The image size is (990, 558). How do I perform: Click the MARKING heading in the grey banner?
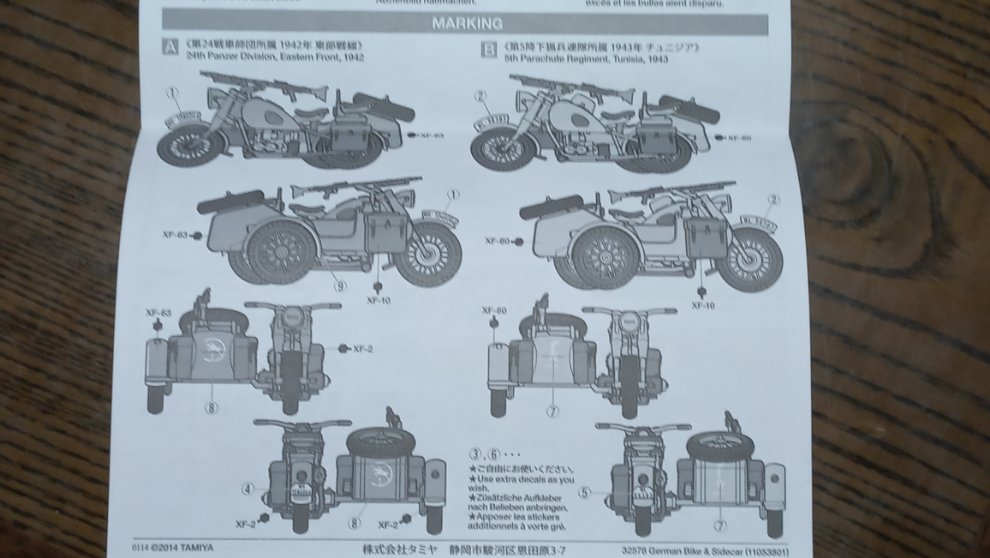(466, 22)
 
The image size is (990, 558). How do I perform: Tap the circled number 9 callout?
(341, 285)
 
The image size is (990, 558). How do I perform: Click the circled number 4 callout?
(247, 489)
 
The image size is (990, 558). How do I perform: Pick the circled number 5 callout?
(586, 491)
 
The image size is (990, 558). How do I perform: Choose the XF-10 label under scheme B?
(704, 303)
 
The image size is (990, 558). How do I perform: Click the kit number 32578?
(635, 549)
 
